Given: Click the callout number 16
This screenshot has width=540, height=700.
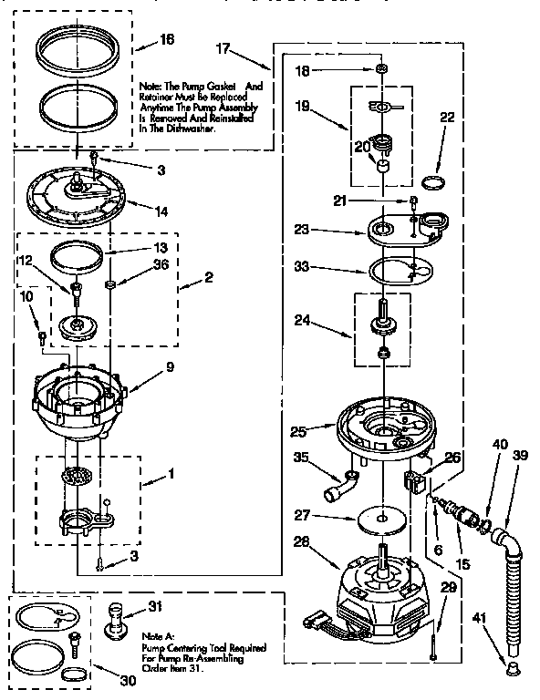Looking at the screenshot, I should click(x=165, y=40).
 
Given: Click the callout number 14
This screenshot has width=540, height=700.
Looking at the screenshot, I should click(x=161, y=211).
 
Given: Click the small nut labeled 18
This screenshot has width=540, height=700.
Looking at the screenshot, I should click(x=381, y=69).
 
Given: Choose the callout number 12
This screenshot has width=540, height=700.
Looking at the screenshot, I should click(x=24, y=262).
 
